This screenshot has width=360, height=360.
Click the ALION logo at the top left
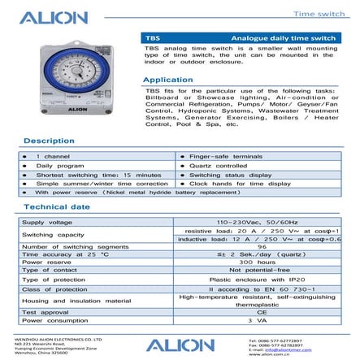53,17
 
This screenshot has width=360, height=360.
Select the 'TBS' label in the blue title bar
152,37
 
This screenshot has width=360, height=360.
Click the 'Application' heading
167,80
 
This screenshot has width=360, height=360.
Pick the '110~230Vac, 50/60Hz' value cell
262,221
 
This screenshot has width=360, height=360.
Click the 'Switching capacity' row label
54,234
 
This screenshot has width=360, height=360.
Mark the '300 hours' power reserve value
262,262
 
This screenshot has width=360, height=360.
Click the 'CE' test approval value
262,312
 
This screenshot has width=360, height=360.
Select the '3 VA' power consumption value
262,320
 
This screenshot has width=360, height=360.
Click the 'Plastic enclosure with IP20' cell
262,279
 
